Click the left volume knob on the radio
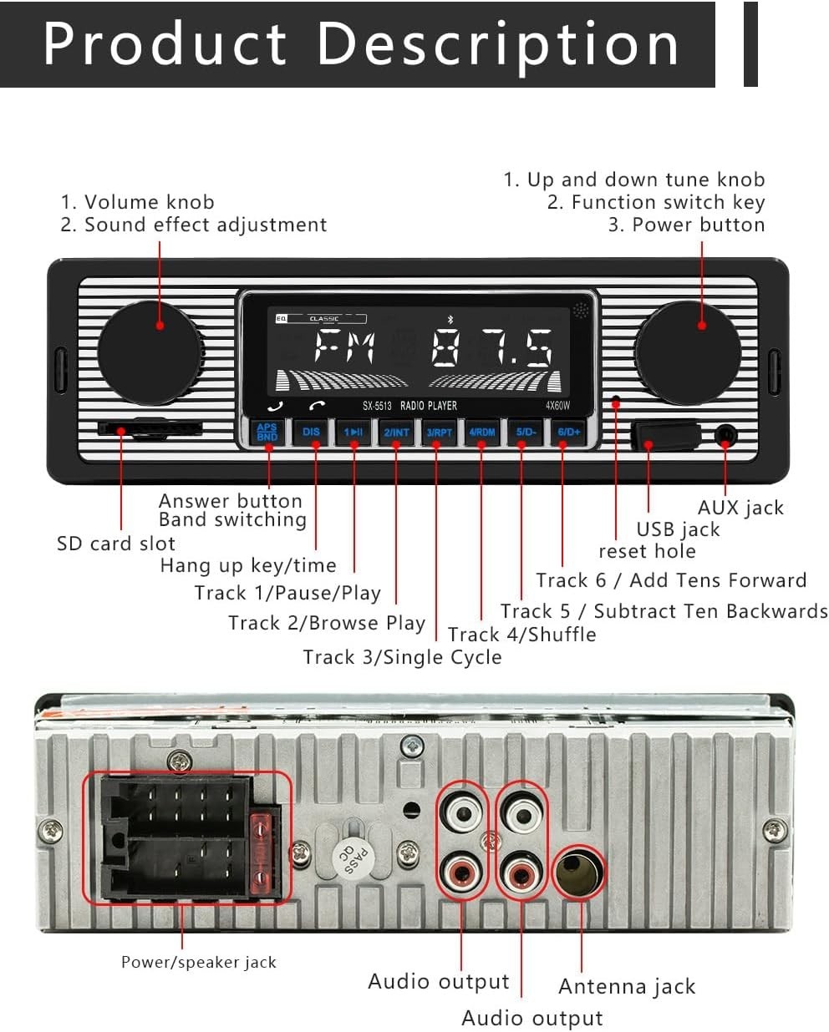(x=150, y=350)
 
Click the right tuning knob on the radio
(x=687, y=350)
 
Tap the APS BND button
(x=267, y=432)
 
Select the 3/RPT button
(x=439, y=433)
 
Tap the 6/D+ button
(x=569, y=432)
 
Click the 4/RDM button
(x=482, y=433)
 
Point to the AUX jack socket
(x=726, y=435)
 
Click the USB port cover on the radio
(x=666, y=435)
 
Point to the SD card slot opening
(x=150, y=427)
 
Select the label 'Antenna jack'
(x=627, y=987)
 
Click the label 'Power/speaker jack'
(x=198, y=962)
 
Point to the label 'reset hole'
(x=647, y=551)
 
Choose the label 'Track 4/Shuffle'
(x=522, y=635)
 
